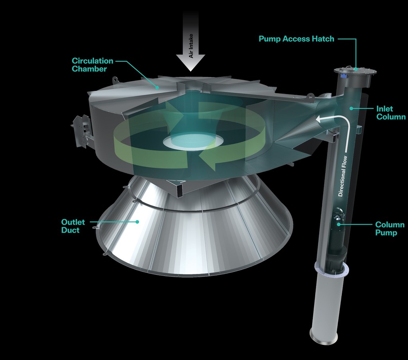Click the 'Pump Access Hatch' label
tap(296, 39)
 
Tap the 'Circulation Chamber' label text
tap(92, 65)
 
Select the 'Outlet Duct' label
tap(70, 226)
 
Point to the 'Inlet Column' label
tap(390, 113)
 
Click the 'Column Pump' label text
tap(389, 229)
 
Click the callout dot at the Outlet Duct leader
tap(138, 221)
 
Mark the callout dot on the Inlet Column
tap(351, 108)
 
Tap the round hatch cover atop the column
tap(355, 71)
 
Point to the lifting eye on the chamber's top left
tap(115, 79)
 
